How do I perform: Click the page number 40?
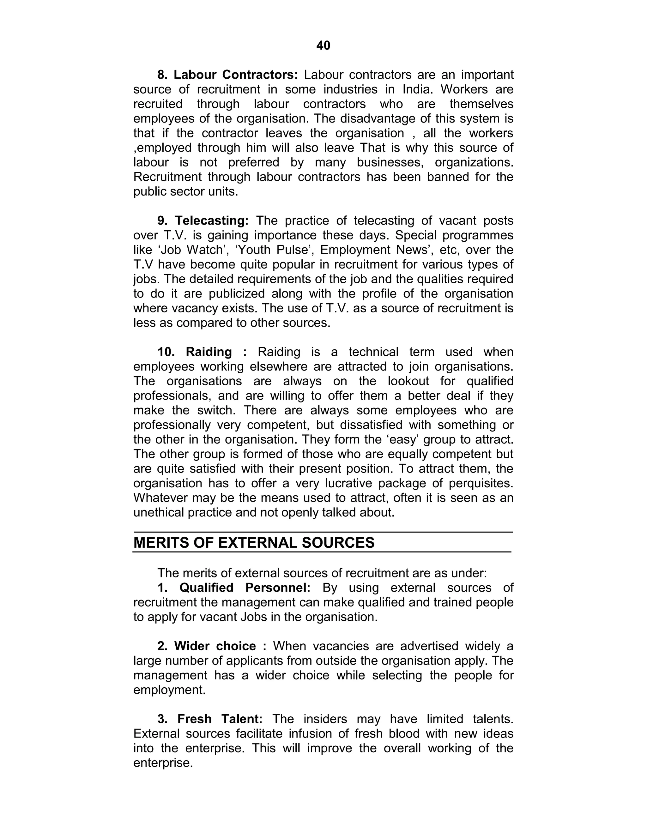323,45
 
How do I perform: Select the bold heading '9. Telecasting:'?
203,220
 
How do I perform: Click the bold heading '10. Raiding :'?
202,352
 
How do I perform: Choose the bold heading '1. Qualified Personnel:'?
234,587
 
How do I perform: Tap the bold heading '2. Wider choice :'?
212,646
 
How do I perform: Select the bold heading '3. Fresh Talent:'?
210,719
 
